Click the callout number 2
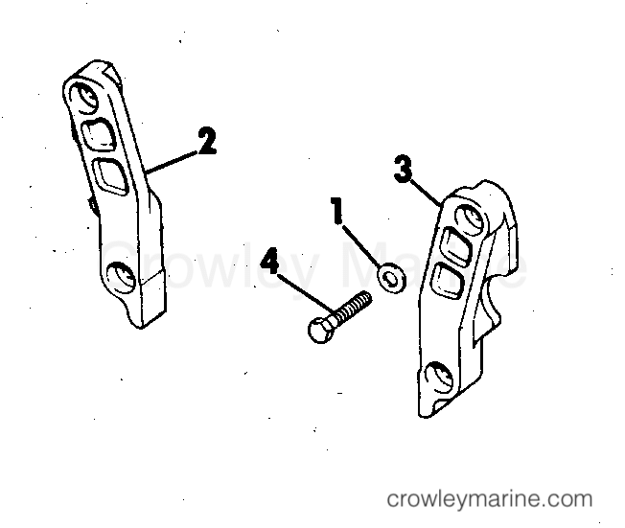pos(207,141)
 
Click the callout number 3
pos(403,169)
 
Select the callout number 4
pos(270,261)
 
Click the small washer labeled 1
pos(392,277)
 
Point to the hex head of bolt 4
pos(320,331)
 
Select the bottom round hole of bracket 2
pos(121,276)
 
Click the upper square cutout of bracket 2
pos(100,134)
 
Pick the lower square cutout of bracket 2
pos(111,176)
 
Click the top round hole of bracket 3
pos(472,218)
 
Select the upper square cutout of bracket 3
pos(457,246)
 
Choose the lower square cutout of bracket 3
pos(448,282)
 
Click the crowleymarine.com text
pos(490,499)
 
